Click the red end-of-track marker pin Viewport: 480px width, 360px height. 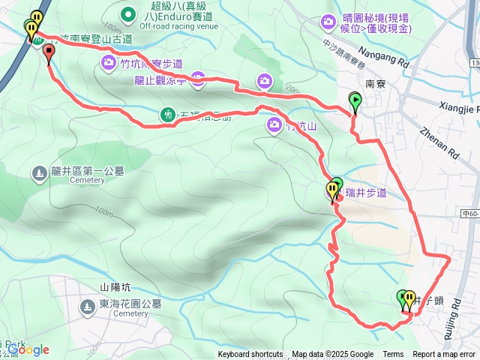pos(49,52)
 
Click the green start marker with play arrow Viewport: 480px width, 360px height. pos(355,99)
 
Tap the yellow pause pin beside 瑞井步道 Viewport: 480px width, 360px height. pos(331,190)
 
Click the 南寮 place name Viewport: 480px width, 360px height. pos(374,85)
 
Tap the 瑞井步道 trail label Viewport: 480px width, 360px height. pos(366,193)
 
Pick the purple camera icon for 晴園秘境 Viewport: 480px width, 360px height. pos(328,22)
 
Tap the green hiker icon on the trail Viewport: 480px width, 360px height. pos(168,114)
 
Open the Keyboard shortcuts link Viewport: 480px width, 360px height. pos(250,355)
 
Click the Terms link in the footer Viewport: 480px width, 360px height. pos(393,355)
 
